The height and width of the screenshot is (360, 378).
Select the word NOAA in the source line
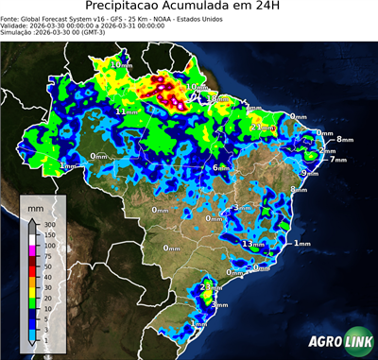click(x=169, y=17)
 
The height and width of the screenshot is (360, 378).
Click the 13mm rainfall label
click(x=252, y=244)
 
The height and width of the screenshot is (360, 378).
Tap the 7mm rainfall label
click(x=337, y=160)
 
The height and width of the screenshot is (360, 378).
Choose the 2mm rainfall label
click(x=327, y=150)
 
